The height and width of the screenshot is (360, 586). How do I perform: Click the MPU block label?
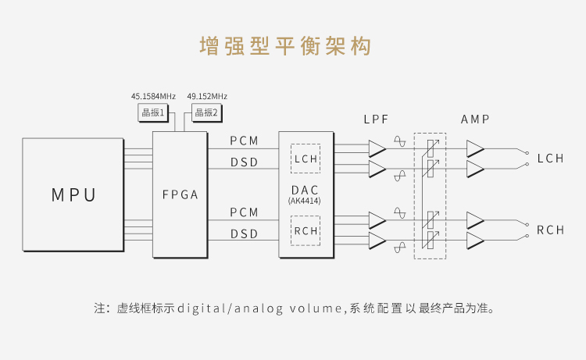point(73,195)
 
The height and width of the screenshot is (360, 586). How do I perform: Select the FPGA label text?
point(180,194)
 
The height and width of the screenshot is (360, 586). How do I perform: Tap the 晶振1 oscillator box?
point(153,112)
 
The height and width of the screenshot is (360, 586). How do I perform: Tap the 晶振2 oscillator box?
point(207,112)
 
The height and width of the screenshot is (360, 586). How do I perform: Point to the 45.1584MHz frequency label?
point(153,96)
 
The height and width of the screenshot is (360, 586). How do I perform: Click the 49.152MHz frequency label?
point(207,96)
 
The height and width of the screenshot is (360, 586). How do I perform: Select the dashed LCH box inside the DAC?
point(306,159)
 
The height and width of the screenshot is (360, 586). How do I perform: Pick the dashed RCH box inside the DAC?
point(306,230)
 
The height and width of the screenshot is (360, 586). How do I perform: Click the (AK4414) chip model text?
point(305,201)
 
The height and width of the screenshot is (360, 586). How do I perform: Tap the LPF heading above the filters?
point(376,119)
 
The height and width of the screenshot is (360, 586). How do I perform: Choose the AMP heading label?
point(475,119)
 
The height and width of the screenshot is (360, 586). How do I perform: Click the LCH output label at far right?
point(551,159)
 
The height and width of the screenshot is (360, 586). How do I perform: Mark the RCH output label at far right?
point(551,230)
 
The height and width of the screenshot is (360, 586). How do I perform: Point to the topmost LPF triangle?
point(377,148)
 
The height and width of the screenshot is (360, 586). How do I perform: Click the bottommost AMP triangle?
point(475,241)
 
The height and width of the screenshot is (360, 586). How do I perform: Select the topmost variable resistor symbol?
point(431,148)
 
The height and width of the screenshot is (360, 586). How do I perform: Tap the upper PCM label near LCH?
point(244,141)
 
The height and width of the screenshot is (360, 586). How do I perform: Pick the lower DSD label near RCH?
point(244,234)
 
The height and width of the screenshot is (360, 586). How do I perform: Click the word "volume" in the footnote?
point(316,308)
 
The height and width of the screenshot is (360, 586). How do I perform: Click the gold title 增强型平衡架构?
point(285,46)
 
